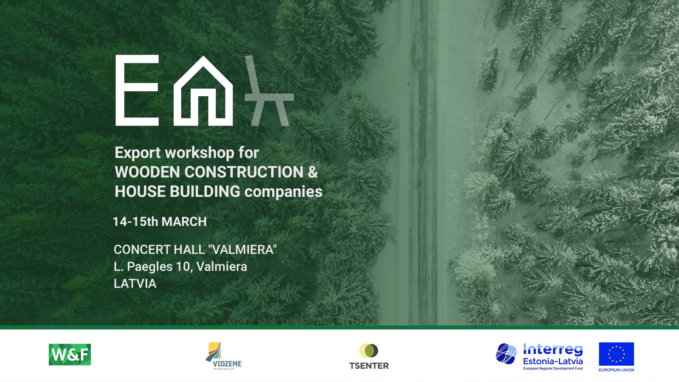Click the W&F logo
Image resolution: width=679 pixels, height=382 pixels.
tap(70, 354)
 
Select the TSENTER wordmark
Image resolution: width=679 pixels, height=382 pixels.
tap(369, 366)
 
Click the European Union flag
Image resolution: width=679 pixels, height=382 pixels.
tap(616, 354)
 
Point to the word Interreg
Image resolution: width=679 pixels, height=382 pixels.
tap(553, 350)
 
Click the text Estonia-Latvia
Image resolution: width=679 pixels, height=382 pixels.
tap(553, 361)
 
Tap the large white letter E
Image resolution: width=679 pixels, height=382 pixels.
tap(137, 91)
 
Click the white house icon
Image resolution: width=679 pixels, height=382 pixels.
tap(203, 91)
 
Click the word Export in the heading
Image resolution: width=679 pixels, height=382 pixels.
tap(138, 153)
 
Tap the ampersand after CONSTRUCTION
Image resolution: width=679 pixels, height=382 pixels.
tap(313, 172)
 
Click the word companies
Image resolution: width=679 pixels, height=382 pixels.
tap(284, 192)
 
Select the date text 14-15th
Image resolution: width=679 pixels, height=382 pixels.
tap(135, 222)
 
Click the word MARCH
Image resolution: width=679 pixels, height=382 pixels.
tap(184, 222)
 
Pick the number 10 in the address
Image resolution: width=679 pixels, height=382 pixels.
tap(183, 267)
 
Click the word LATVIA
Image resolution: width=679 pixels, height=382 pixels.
tap(135, 284)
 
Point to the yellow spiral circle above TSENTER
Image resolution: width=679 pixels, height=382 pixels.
tap(366, 351)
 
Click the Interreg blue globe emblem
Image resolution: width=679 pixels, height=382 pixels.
tap(506, 354)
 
